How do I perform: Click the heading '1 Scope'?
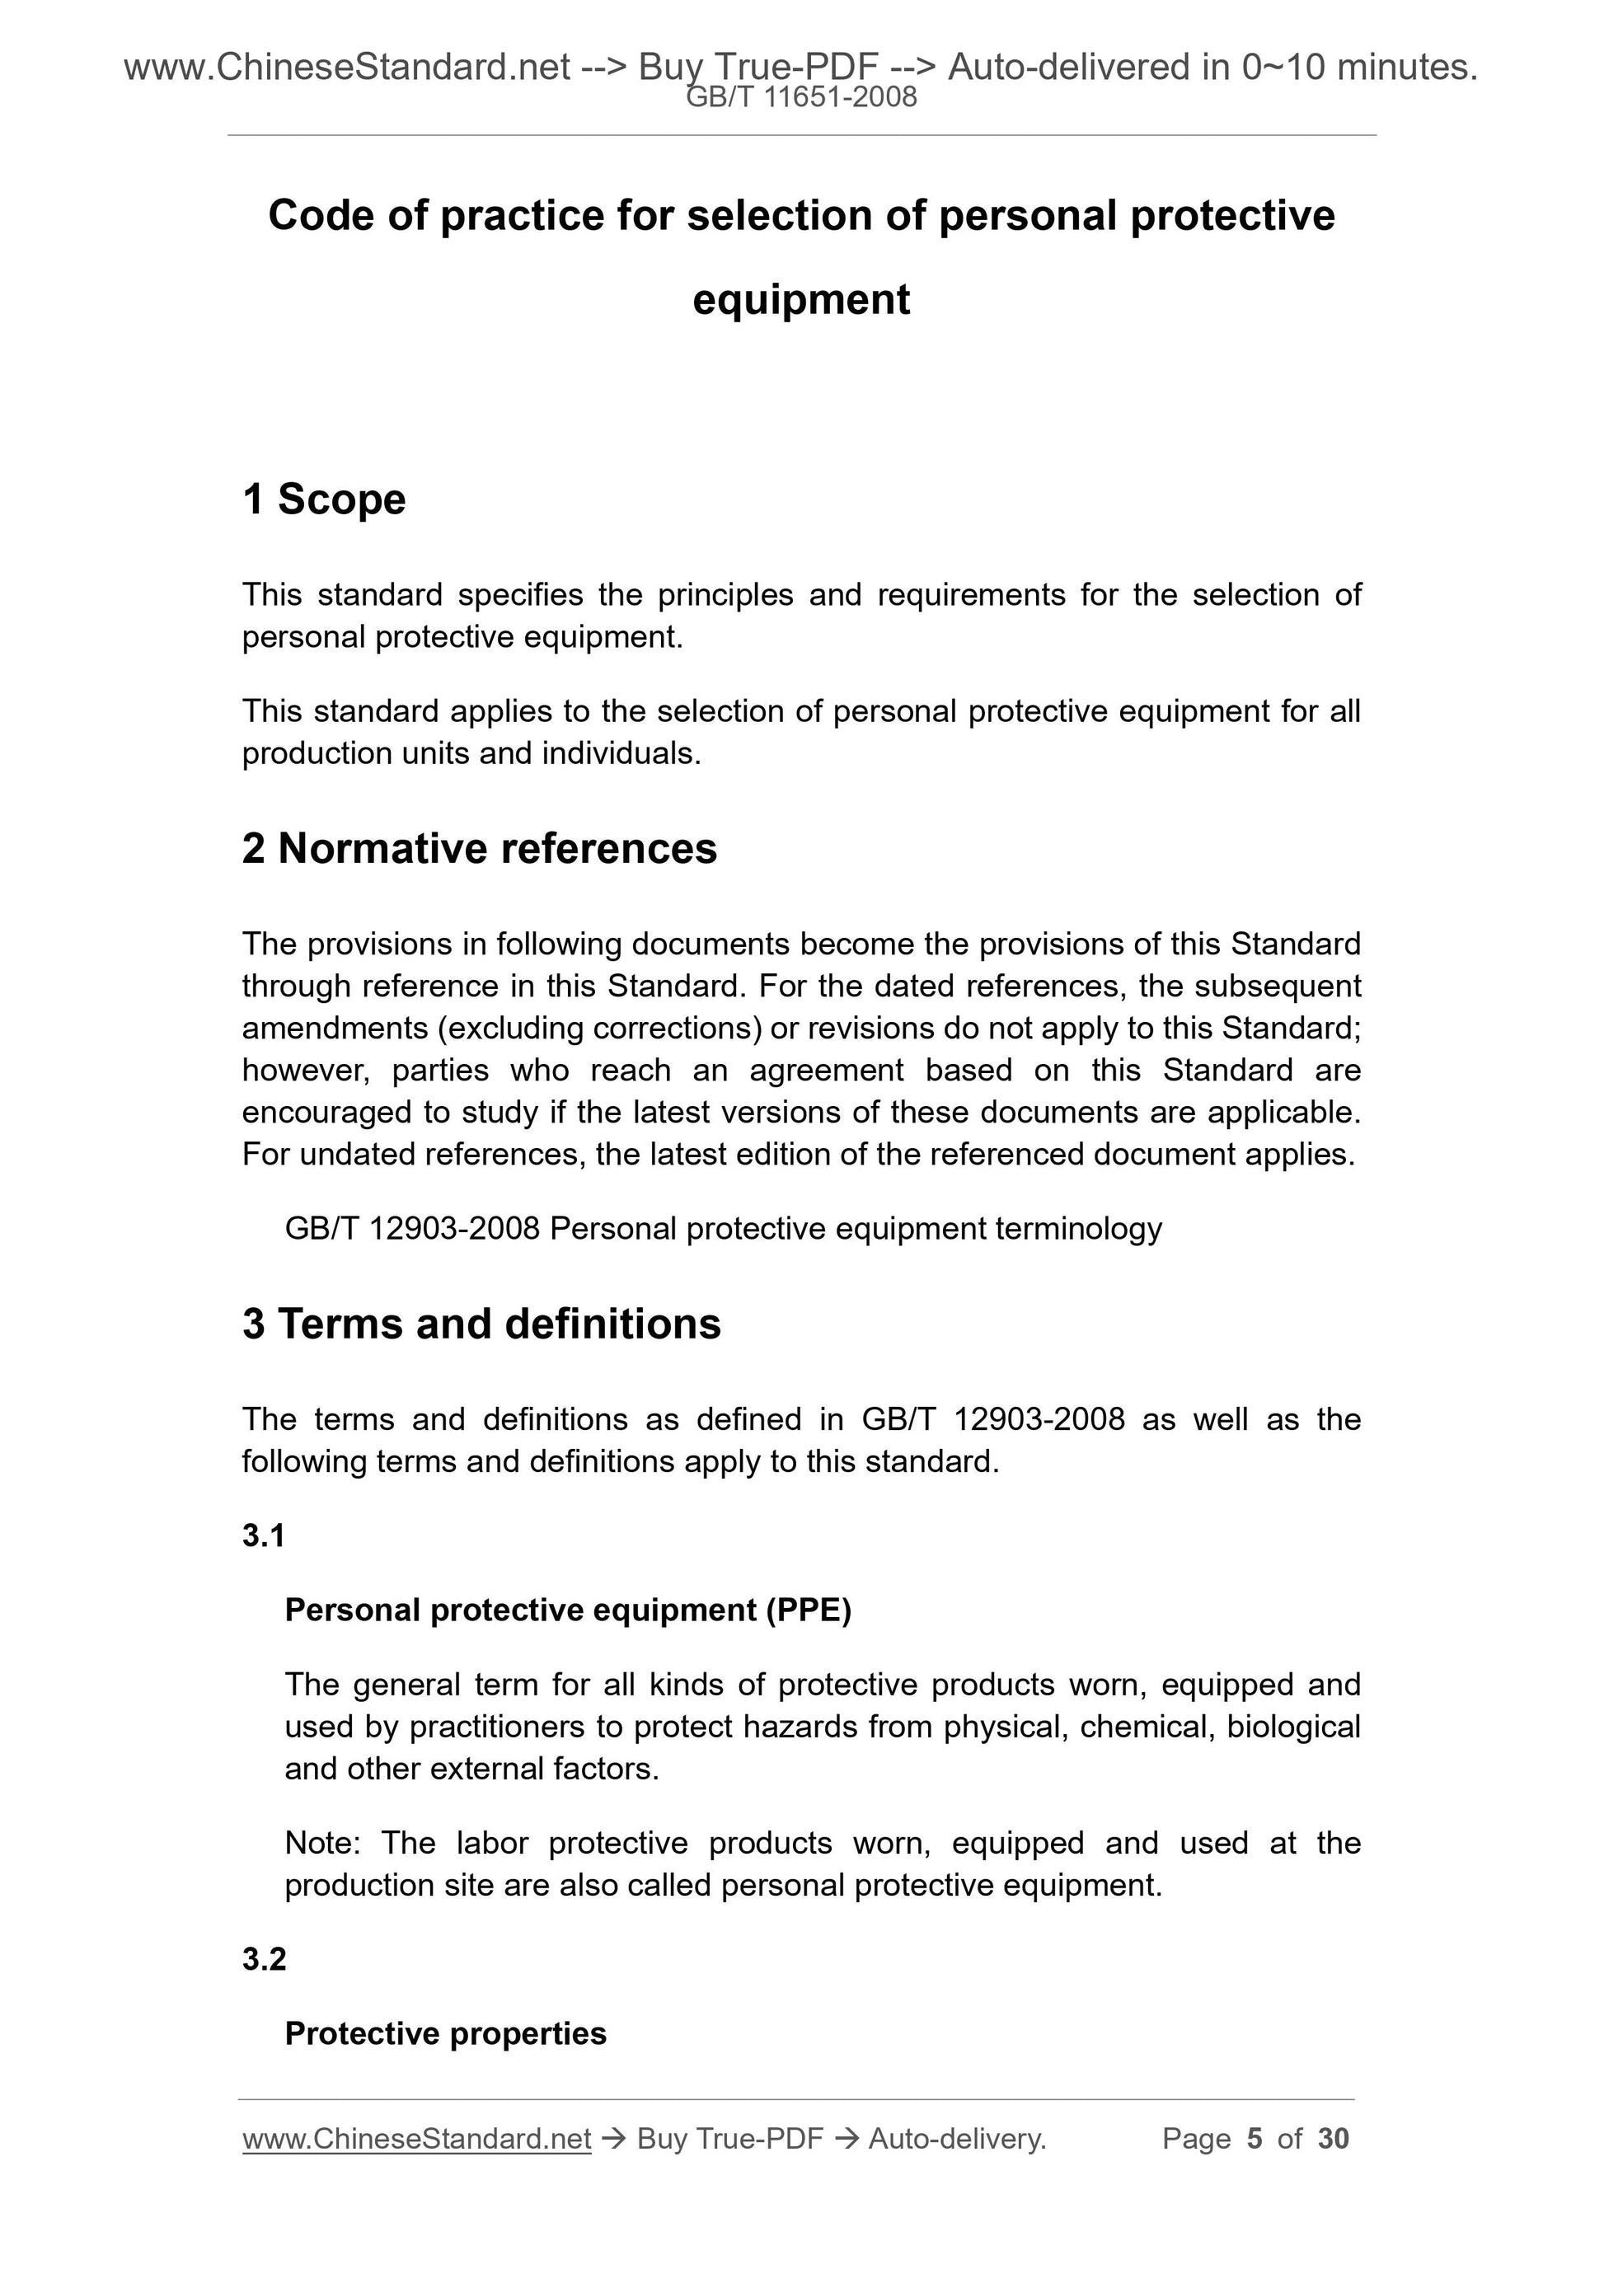point(324,499)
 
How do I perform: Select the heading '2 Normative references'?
point(480,849)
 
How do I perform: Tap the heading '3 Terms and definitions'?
point(481,1324)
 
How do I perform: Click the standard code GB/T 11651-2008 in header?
point(801,97)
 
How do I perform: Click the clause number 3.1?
point(264,1535)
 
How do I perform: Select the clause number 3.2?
point(264,1959)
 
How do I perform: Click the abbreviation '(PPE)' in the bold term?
point(808,1610)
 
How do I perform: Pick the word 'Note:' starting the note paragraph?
point(323,1843)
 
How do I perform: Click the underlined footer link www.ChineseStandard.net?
point(416,2139)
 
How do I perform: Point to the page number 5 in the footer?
point(1255,2139)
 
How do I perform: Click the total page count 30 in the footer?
point(1333,2139)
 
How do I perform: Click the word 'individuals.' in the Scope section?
point(621,754)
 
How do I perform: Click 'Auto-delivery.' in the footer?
point(957,2139)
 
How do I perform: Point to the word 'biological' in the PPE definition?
point(1292,1727)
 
